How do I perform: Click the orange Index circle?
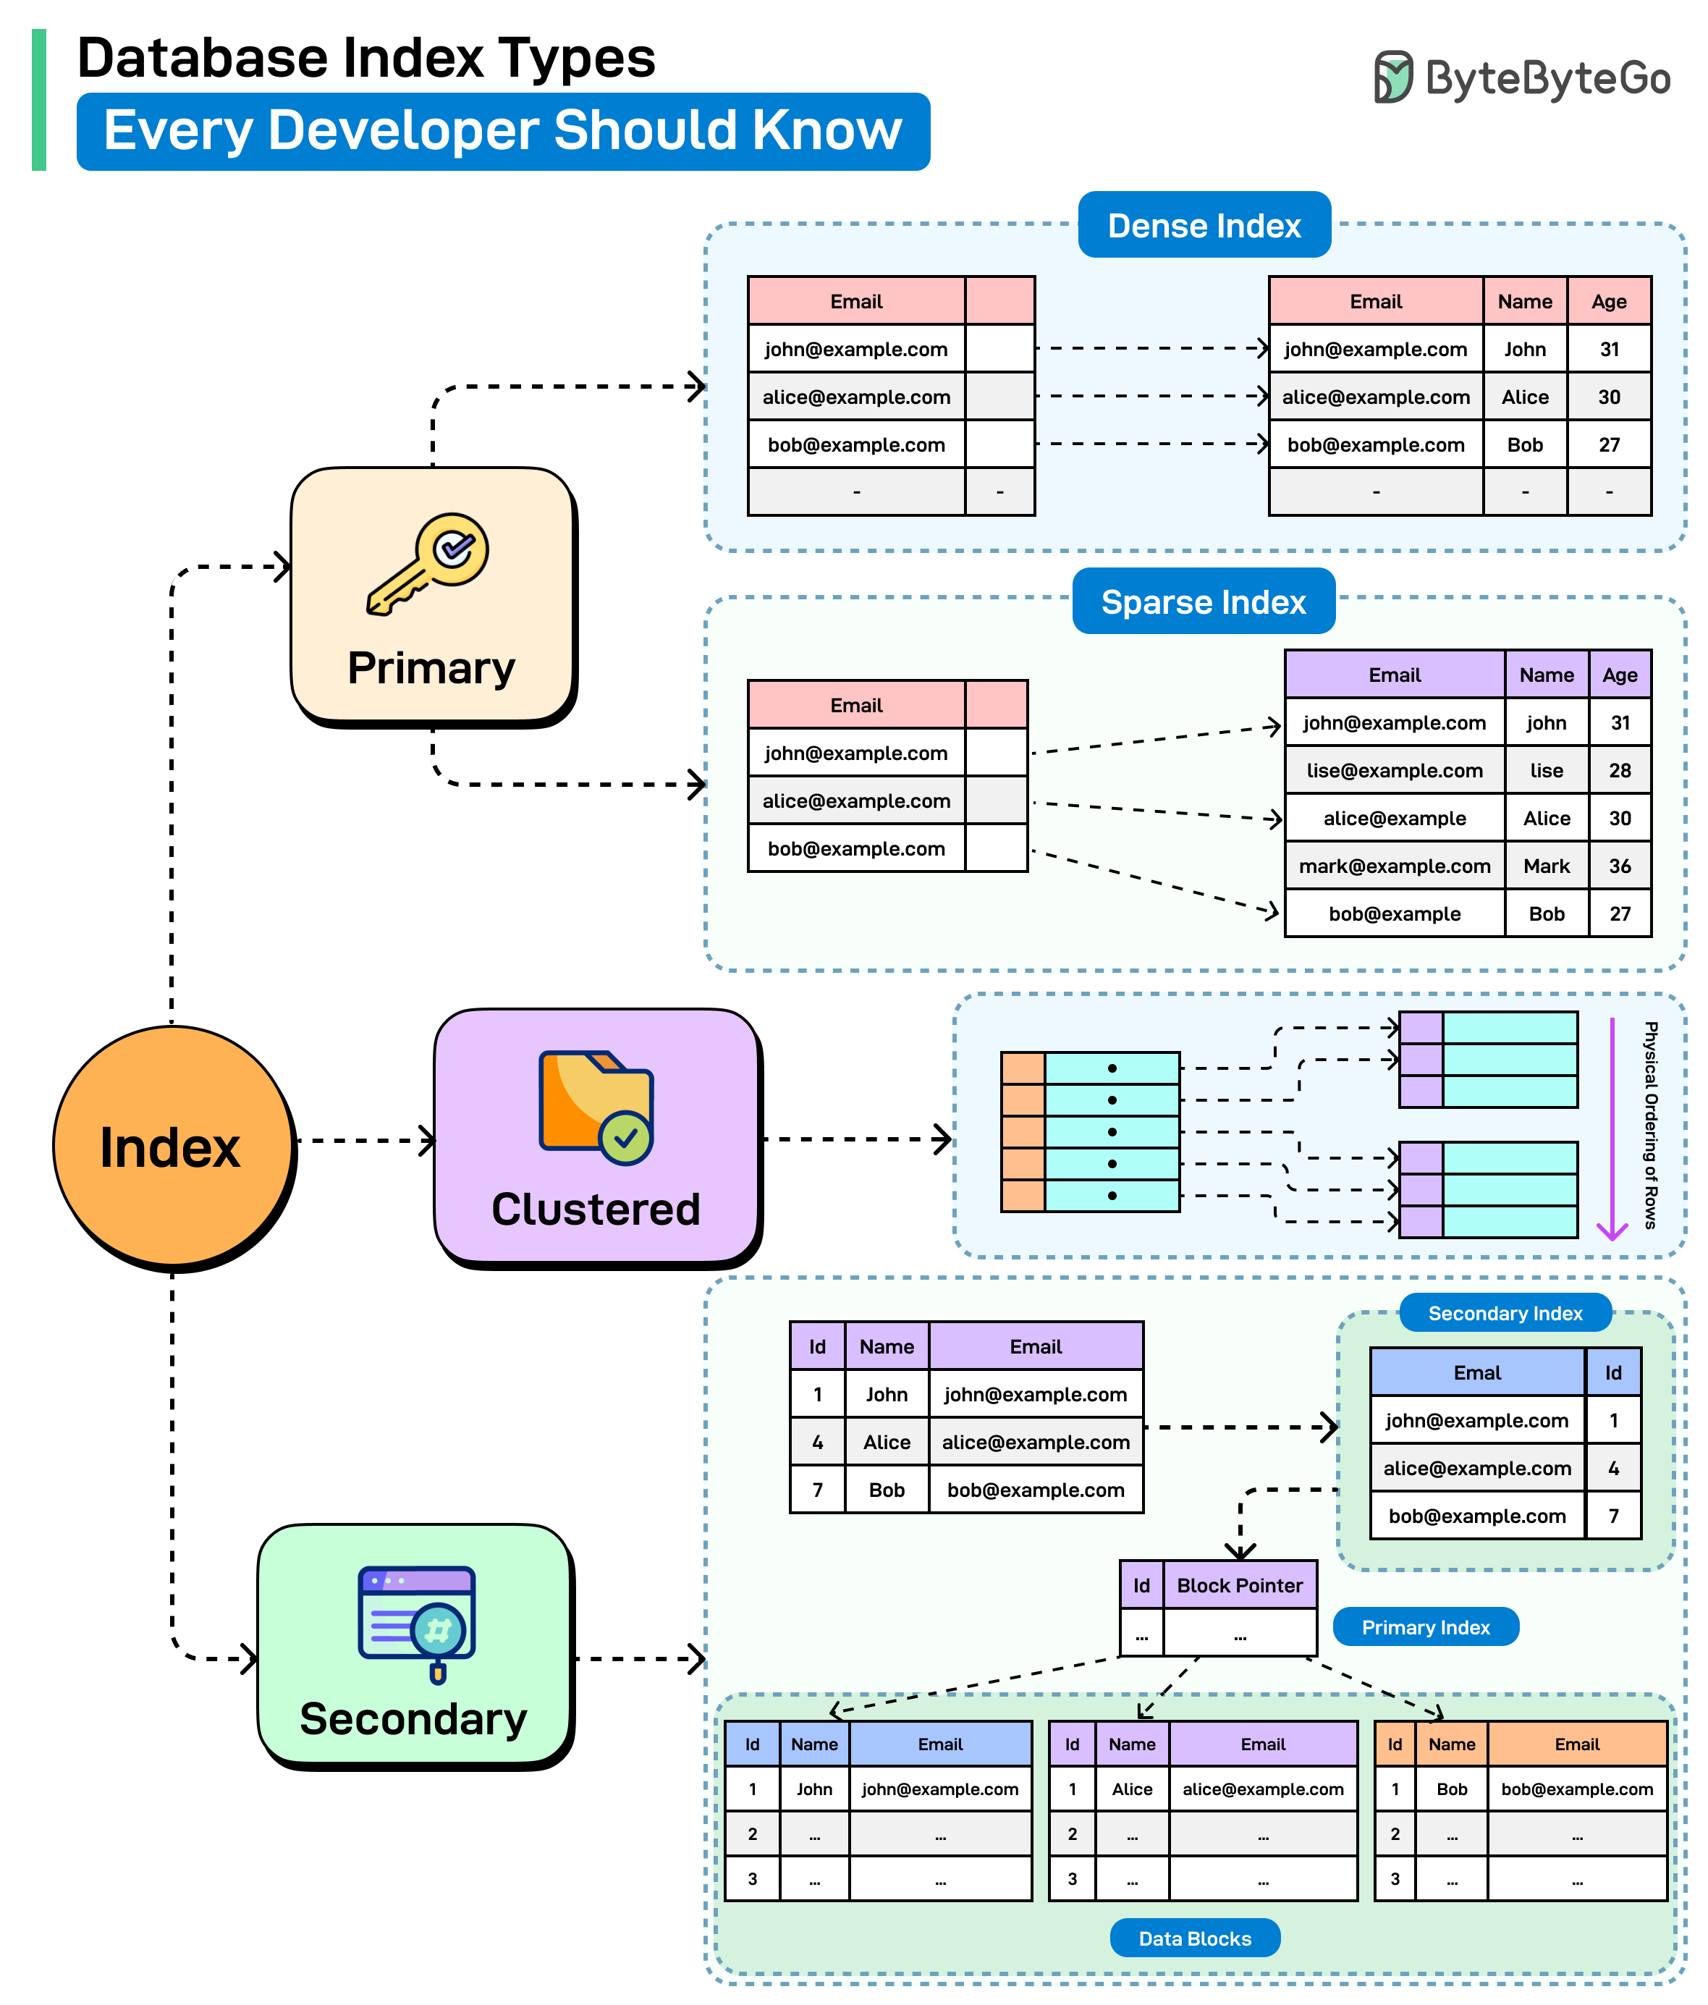[x=172, y=1147]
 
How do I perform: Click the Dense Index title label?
[x=1203, y=225]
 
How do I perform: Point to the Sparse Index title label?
[x=1203, y=602]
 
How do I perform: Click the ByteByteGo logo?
[x=1521, y=77]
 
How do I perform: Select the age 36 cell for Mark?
[x=1619, y=866]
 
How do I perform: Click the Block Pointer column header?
[x=1239, y=1585]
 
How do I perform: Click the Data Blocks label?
[x=1194, y=1938]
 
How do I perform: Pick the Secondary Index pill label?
[x=1505, y=1313]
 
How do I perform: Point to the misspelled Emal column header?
[x=1476, y=1372]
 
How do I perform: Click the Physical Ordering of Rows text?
[x=1651, y=1124]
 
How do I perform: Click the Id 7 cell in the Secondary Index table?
[x=1612, y=1516]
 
